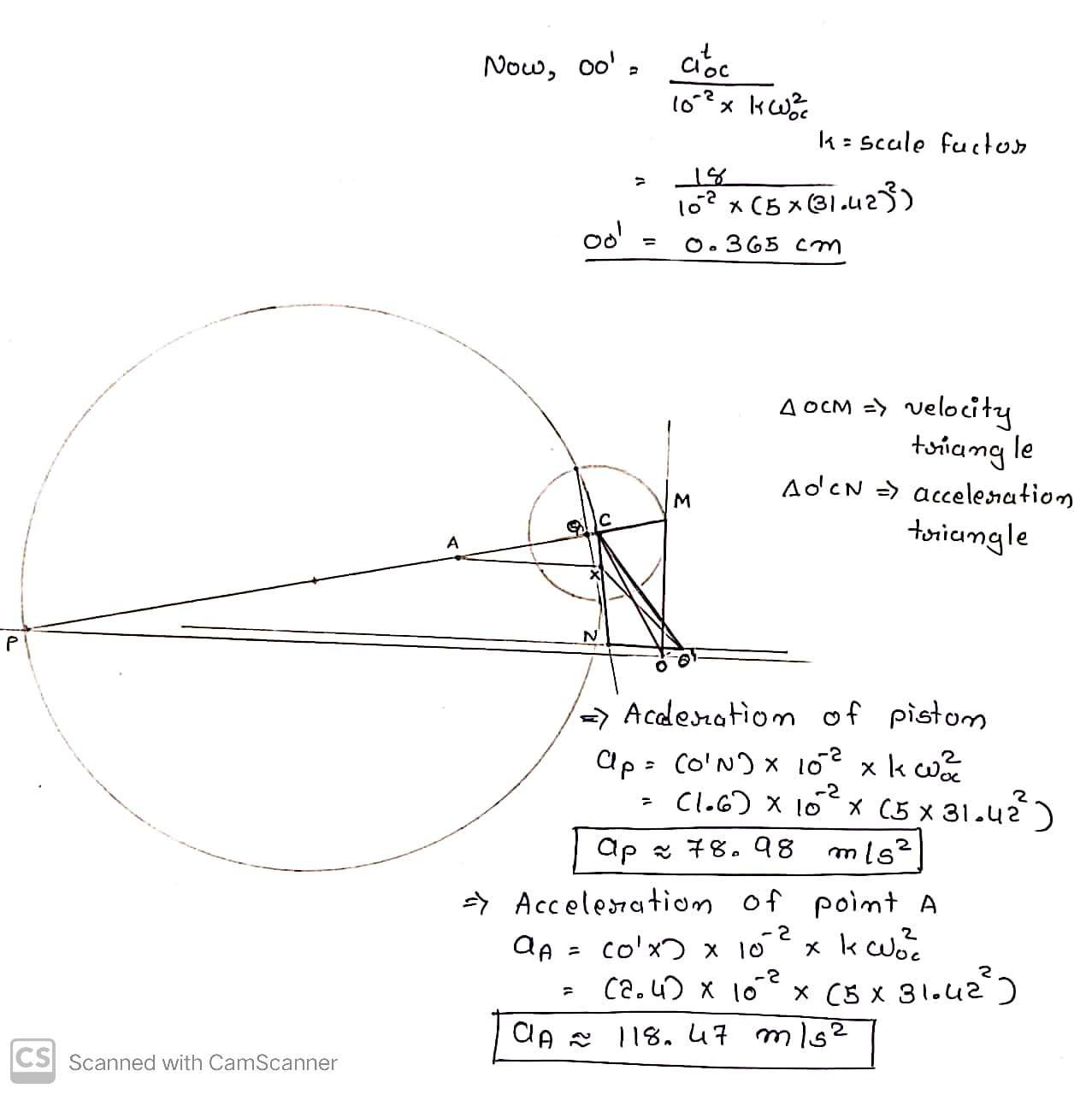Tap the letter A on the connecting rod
[453, 542]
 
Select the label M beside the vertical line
[682, 499]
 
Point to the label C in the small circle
[605, 519]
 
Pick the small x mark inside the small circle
[592, 577]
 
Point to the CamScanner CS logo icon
[32, 1062]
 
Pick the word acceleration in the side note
[992, 496]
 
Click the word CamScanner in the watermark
[273, 1062]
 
